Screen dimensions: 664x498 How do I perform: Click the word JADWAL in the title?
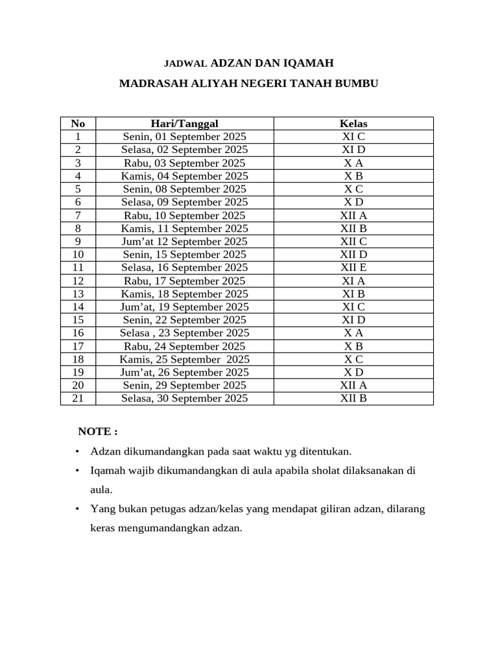(x=185, y=64)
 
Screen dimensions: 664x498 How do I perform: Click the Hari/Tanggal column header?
(x=184, y=123)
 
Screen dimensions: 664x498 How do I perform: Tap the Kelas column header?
(x=353, y=123)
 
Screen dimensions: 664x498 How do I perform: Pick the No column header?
(x=78, y=123)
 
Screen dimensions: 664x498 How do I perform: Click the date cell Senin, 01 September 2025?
(x=184, y=137)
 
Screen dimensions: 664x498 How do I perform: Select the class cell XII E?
(x=353, y=267)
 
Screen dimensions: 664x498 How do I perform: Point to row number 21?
(x=78, y=398)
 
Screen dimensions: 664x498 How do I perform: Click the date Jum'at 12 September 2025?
(x=184, y=241)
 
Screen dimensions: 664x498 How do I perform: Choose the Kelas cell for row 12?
(x=353, y=281)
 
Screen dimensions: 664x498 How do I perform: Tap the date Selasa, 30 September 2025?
(x=184, y=398)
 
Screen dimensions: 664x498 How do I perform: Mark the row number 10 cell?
(x=78, y=254)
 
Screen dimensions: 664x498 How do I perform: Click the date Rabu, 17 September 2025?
(x=184, y=281)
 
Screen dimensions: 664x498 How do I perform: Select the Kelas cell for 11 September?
(x=353, y=228)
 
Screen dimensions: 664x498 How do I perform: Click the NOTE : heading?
(x=98, y=432)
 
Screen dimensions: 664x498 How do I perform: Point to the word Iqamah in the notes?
(x=106, y=471)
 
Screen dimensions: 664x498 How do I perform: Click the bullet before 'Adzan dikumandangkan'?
(x=77, y=451)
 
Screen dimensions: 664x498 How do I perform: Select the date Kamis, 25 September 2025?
(x=184, y=359)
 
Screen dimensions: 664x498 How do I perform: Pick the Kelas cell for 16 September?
(x=353, y=267)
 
